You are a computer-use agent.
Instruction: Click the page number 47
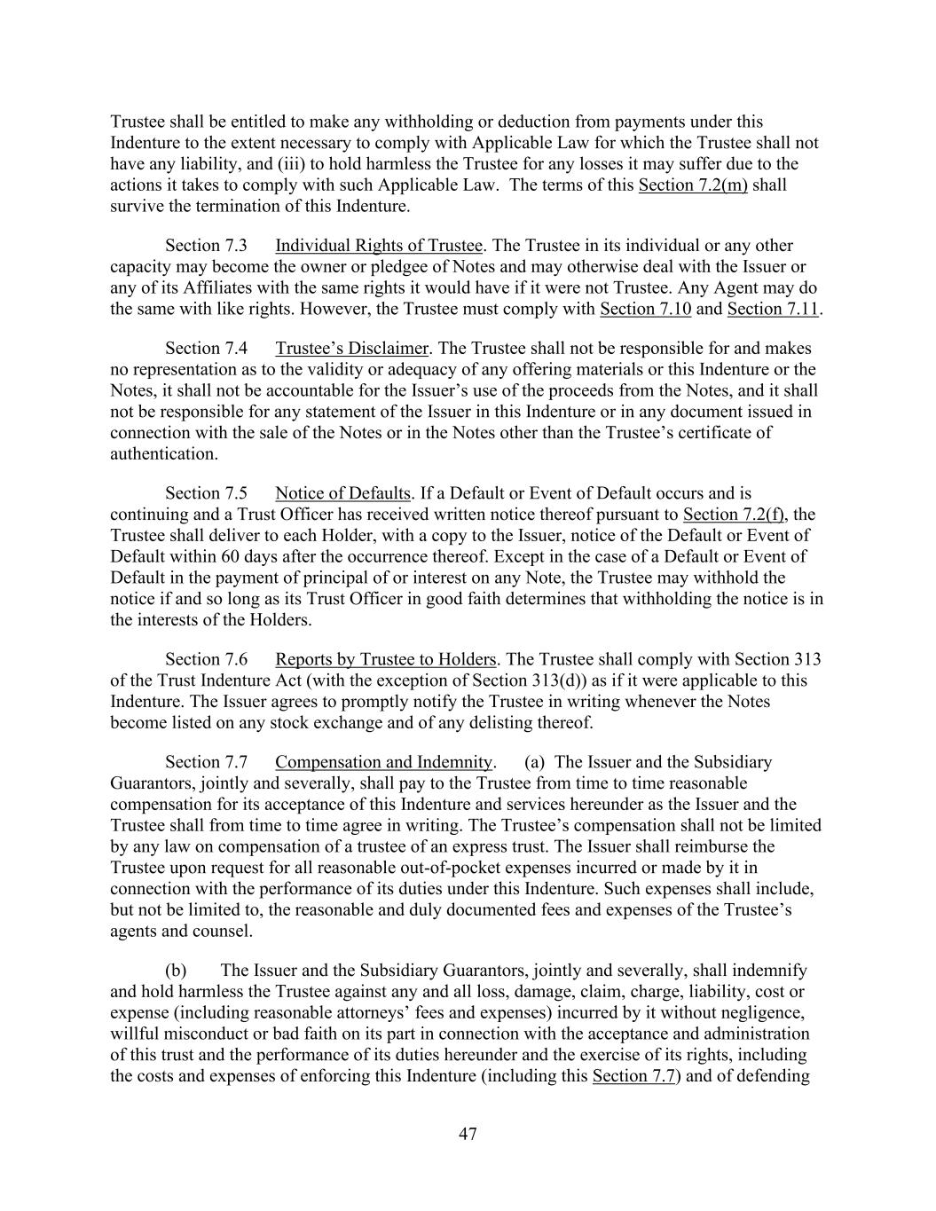coord(468,1134)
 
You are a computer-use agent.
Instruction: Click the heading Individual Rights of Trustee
coord(379,246)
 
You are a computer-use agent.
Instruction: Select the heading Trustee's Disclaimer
coord(352,349)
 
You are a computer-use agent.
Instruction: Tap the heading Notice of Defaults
coord(342,493)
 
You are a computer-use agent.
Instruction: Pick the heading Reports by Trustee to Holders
coord(385,659)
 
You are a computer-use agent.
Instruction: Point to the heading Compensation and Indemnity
coord(383,762)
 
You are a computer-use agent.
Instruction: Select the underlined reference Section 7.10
coord(645,310)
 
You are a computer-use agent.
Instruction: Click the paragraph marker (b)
coord(176,971)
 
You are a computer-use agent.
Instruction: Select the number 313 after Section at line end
coord(807,659)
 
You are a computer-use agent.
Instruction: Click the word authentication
coord(163,454)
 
